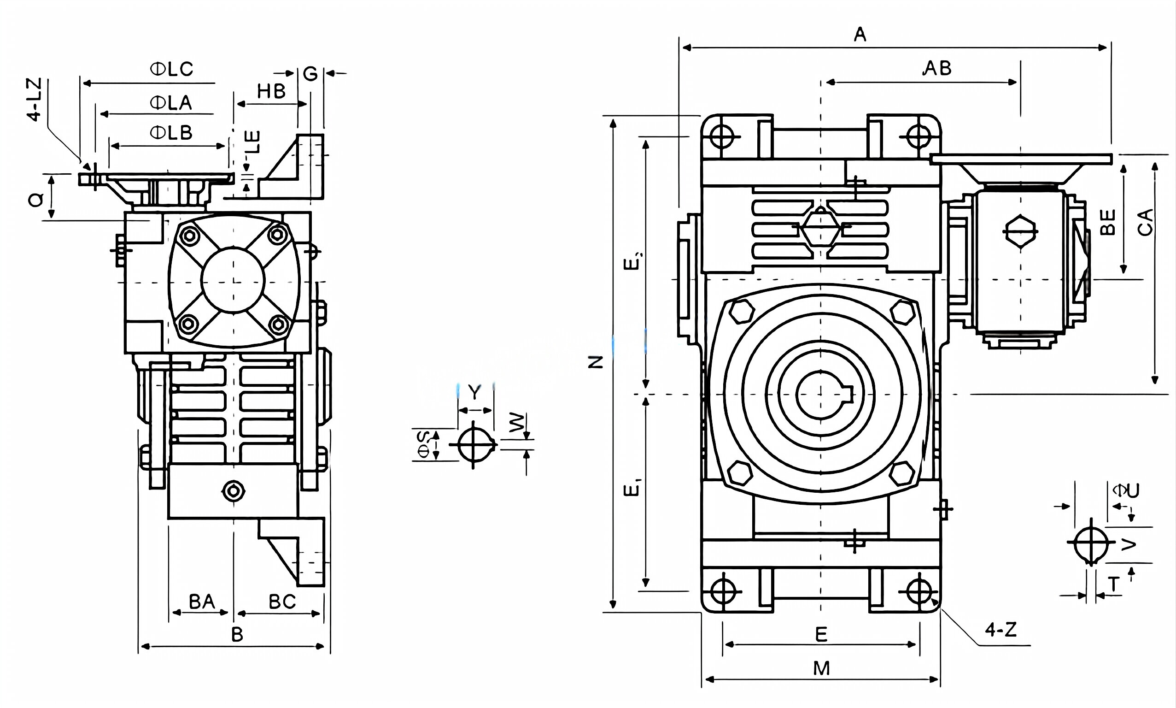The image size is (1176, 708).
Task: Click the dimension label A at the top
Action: pyautogui.click(x=860, y=35)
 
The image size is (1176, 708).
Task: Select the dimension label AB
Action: pyautogui.click(x=937, y=69)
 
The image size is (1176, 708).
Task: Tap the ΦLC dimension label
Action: pyautogui.click(x=172, y=70)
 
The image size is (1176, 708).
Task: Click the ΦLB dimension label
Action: pyautogui.click(x=171, y=133)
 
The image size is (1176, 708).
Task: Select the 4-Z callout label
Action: pyautogui.click(x=1001, y=630)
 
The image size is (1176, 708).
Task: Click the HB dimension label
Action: pyautogui.click(x=271, y=92)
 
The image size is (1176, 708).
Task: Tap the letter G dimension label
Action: pyautogui.click(x=310, y=74)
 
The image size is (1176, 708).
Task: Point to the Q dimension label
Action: pyautogui.click(x=36, y=200)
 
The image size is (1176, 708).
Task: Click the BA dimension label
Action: pyautogui.click(x=202, y=602)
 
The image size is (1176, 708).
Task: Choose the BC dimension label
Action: pyautogui.click(x=282, y=602)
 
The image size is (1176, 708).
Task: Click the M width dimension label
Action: pyautogui.click(x=821, y=669)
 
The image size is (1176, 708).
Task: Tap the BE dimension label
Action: pyautogui.click(x=1108, y=222)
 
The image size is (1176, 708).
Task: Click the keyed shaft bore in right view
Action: pyautogui.click(x=821, y=394)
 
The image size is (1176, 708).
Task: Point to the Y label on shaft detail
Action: pyautogui.click(x=474, y=392)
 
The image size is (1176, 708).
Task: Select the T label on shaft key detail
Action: pyautogui.click(x=1113, y=584)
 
